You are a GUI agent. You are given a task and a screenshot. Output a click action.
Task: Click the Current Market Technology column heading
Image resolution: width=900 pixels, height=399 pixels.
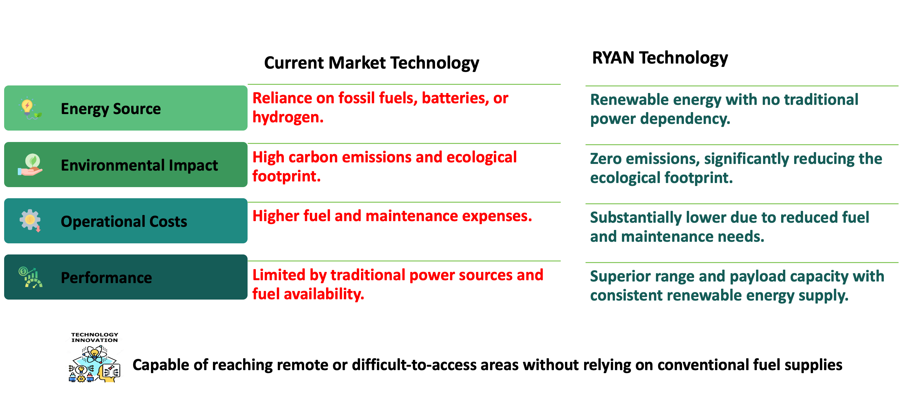[x=372, y=63]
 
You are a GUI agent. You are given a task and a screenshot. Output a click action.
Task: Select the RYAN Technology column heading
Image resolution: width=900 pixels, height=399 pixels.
[x=660, y=58]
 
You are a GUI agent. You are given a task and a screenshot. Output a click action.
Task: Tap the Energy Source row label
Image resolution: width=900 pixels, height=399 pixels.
[x=111, y=109]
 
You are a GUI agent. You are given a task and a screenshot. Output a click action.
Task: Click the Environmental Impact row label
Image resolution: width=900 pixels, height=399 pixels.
[x=140, y=165]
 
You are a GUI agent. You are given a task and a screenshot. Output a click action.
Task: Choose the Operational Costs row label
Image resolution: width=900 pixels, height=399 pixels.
[x=124, y=221]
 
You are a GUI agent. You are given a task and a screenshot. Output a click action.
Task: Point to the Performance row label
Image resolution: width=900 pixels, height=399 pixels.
[x=106, y=278]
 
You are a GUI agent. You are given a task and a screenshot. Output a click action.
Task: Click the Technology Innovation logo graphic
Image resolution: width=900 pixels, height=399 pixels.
[x=95, y=357]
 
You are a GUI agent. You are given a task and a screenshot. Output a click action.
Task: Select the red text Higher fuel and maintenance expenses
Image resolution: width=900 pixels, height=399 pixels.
[x=392, y=216]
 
